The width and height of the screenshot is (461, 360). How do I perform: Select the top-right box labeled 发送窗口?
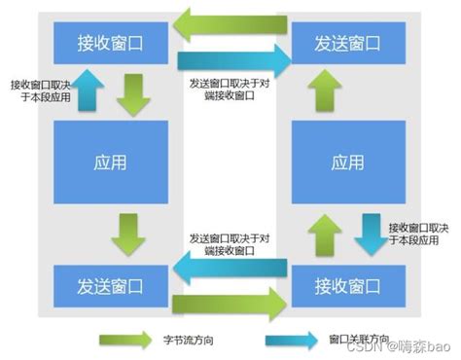pos(347,43)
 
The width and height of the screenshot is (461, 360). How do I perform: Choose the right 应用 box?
pos(347,161)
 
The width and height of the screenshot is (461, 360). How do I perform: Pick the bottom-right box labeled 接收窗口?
pos(347,286)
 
